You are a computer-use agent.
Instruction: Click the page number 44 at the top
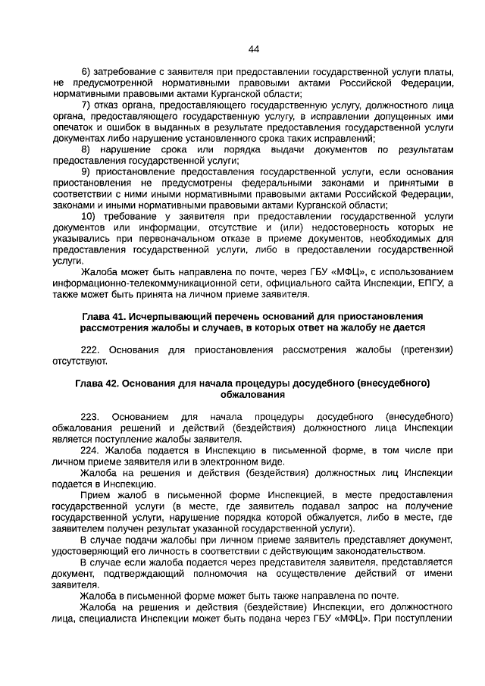coord(254,49)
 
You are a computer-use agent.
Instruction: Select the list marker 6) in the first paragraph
coord(86,71)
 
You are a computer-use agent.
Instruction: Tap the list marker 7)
coord(86,105)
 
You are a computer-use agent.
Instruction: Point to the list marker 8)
coord(86,149)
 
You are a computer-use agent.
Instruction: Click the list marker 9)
coord(86,172)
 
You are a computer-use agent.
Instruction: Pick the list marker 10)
coord(89,216)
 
